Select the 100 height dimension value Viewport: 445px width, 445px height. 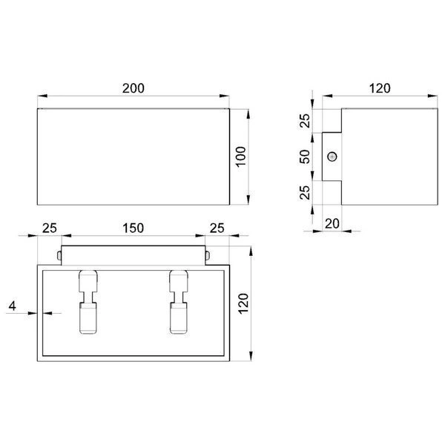coord(240,156)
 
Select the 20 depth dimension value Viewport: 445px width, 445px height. coord(332,222)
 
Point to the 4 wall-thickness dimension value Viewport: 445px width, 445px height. coord(13,306)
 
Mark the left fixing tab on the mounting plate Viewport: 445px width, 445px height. coord(58,256)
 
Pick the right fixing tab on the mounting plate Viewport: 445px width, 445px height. coord(208,256)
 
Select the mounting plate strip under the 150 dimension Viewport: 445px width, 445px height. coord(133,254)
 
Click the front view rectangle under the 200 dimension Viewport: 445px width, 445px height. coord(133,156)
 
